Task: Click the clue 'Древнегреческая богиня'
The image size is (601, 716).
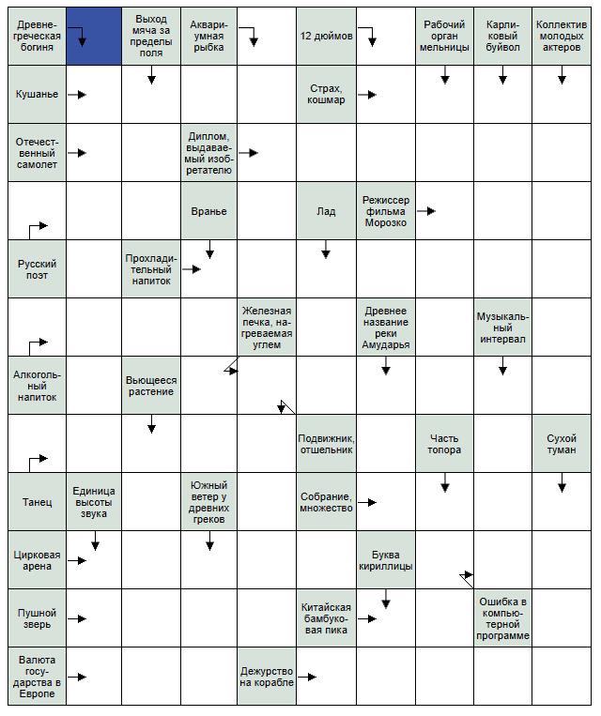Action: coord(37,35)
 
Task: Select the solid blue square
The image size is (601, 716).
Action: coord(94,36)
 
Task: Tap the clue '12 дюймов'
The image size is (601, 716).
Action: coord(326,36)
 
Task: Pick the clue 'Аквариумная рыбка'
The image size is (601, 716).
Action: coord(208,36)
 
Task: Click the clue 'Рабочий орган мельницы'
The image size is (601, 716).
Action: coord(444,36)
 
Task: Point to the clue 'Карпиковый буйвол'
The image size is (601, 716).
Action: coord(502,36)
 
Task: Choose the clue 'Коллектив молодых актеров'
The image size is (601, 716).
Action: coord(562,36)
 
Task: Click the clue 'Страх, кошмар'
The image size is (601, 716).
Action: coord(326,94)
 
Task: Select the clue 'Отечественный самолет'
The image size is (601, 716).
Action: coord(37,152)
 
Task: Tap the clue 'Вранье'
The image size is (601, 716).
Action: coord(208,211)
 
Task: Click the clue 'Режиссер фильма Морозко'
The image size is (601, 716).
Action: coord(385,211)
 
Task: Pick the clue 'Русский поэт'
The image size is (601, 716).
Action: coord(37,269)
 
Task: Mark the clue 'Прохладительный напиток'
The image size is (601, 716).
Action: coord(150,269)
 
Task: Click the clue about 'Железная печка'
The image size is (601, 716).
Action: coord(267,328)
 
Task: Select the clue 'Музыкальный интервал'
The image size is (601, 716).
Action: coord(502,328)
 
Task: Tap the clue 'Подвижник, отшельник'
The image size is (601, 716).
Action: coord(326,444)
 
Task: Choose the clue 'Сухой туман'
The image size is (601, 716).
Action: coord(562,444)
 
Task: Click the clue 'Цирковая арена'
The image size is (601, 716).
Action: coord(37,560)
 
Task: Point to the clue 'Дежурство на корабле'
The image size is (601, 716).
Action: coord(267,677)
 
